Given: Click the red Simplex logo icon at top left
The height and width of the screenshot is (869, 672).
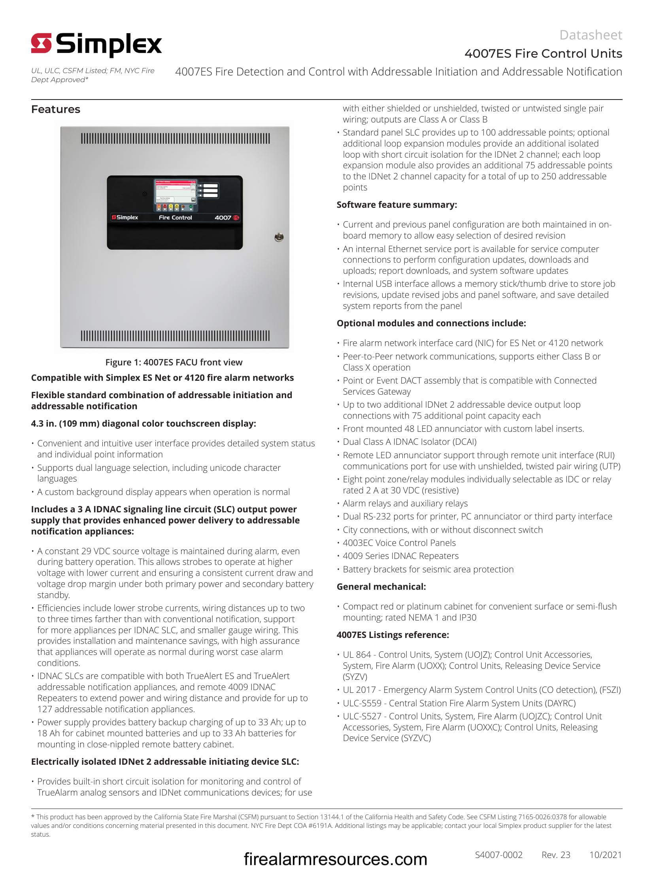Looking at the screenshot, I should point(42,43).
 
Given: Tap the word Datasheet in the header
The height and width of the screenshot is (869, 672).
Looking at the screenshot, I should point(591,35).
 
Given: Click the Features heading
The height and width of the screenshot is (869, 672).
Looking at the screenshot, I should point(56,109).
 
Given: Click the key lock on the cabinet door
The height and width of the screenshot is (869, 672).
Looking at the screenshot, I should point(279,237).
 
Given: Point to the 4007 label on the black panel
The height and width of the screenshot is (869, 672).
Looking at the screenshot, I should point(223,218).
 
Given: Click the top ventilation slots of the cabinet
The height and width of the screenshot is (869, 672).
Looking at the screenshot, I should point(175,139).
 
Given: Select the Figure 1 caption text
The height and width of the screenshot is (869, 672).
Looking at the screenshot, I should point(174,362).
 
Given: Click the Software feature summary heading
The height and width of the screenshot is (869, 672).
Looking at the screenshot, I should point(396,205).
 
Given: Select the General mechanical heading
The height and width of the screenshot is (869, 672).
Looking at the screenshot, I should point(381,587).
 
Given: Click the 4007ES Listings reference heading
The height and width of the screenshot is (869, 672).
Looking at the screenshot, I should point(393,635).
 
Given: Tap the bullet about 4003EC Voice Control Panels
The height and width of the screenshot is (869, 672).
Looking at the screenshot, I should point(399,543).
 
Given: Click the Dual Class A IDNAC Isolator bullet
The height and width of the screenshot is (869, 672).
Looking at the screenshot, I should point(409,442).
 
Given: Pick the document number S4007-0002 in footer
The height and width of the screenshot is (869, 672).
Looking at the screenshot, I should point(498,855).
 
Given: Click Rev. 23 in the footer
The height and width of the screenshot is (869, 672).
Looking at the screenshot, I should point(556,855).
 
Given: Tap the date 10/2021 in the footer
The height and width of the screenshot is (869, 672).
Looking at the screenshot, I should point(605,855).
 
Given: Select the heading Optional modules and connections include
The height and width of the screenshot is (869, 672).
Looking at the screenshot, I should point(431,323).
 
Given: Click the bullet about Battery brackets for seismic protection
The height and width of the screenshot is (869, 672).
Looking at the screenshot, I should point(428,569).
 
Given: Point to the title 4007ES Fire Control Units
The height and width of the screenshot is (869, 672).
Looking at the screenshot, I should point(543,54).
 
